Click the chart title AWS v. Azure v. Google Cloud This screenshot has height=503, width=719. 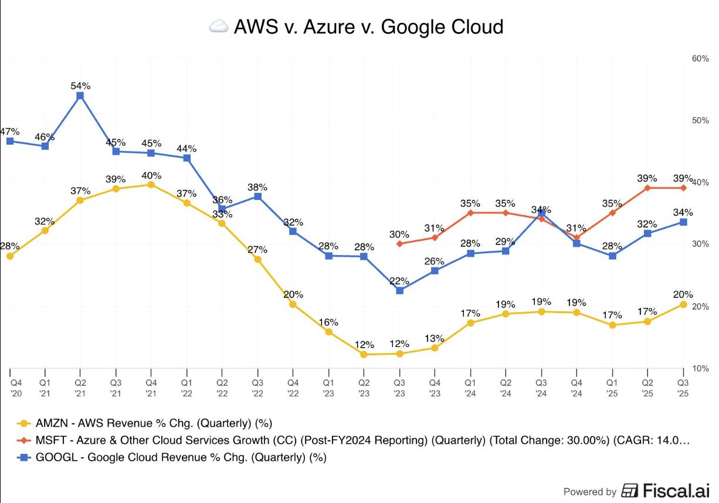(368, 27)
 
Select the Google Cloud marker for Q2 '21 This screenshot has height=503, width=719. (80, 96)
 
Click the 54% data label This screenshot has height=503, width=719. (80, 86)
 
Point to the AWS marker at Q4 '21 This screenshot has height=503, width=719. (151, 185)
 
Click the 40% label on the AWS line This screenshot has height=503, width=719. (151, 175)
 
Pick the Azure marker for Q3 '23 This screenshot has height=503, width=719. (399, 243)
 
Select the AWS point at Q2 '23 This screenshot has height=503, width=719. (364, 354)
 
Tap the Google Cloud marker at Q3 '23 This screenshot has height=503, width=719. (399, 290)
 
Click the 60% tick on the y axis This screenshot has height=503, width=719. (701, 59)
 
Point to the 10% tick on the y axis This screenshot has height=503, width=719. (701, 368)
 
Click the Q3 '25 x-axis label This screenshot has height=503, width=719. (683, 388)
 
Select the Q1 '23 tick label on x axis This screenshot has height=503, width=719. (328, 388)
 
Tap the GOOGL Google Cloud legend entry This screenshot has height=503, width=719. (176, 457)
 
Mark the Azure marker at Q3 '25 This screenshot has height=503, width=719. (683, 188)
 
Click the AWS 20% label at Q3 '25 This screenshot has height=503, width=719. (683, 294)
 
